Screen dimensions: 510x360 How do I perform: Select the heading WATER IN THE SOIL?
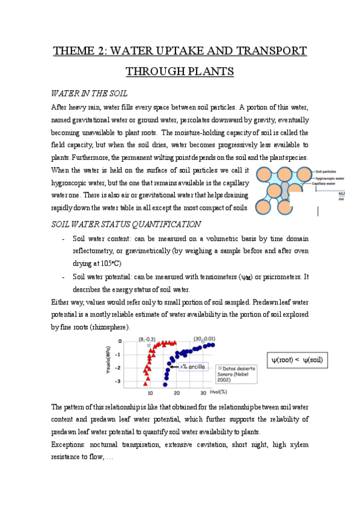coord(89,94)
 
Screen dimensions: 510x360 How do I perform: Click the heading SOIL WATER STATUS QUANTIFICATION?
coord(126,224)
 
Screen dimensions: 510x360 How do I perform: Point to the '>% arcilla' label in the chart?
coord(191,366)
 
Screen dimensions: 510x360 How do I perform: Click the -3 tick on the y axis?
coord(120,381)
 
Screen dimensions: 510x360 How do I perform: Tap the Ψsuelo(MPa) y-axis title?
coord(108,360)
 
